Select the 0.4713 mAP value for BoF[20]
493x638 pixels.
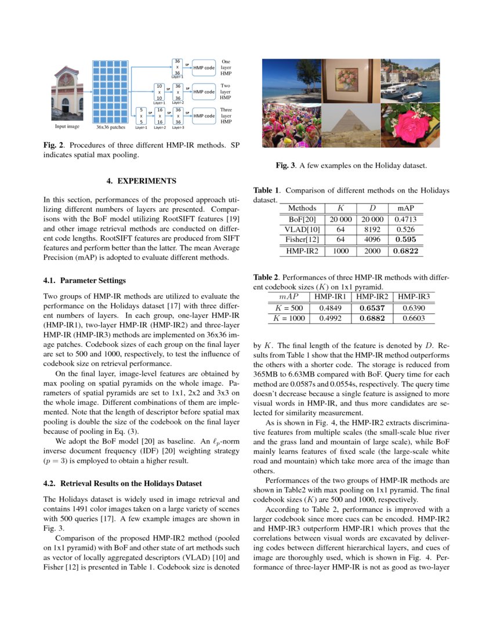coord(405,220)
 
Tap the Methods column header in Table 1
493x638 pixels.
coord(302,208)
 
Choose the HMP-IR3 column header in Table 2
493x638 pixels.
coord(414,297)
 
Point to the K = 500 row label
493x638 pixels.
coord(289,308)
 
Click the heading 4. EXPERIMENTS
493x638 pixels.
coord(142,182)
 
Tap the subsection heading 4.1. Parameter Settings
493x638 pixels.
coord(85,281)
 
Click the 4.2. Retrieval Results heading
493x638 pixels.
coord(123,483)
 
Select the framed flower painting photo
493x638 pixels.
coord(351,81)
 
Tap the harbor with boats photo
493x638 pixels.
coord(410,81)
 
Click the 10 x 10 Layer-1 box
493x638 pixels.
coord(159,92)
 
